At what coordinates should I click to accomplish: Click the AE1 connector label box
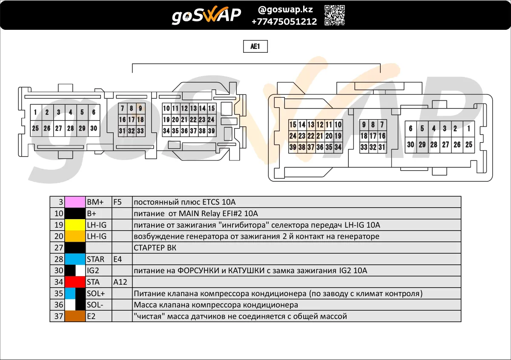point(255,46)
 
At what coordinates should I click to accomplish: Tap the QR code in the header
point(335,15)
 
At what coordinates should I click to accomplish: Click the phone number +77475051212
point(284,21)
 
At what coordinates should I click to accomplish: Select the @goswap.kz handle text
point(285,10)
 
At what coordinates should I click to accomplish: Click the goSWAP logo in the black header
point(206,15)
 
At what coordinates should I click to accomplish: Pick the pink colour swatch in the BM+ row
point(75,202)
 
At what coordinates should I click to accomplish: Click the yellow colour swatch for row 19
point(75,225)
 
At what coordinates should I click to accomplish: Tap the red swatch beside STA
point(75,282)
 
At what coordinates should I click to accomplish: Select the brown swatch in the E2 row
point(75,316)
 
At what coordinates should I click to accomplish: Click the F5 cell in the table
point(122,202)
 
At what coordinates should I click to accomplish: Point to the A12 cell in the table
point(122,282)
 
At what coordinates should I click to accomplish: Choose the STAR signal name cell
point(98,259)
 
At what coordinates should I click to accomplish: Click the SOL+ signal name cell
point(98,293)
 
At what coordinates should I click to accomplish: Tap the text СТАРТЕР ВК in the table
point(155,248)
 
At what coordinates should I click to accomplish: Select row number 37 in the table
point(57,316)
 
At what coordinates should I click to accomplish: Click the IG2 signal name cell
point(98,270)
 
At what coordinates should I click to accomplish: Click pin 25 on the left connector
point(36,129)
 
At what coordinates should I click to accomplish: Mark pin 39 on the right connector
point(293,147)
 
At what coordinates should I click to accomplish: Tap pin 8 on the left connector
point(132,108)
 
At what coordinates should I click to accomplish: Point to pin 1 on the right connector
point(469,129)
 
